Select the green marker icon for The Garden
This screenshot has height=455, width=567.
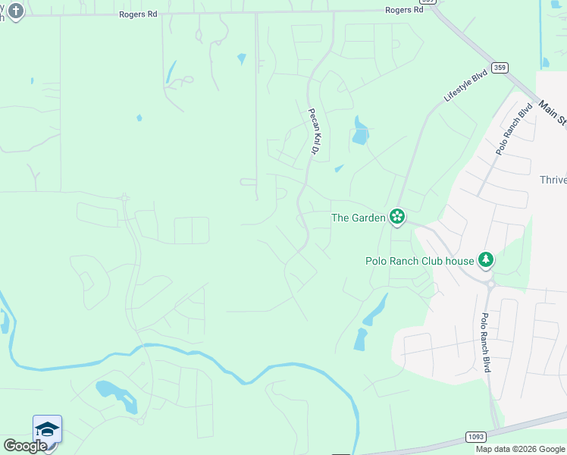click(x=396, y=218)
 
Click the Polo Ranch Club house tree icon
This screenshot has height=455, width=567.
click(x=485, y=260)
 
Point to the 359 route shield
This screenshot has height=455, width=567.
click(x=499, y=67)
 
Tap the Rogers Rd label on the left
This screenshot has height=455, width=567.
click(x=136, y=14)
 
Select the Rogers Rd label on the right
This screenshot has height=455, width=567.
click(x=403, y=10)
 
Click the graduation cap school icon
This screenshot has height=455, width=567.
click(x=47, y=429)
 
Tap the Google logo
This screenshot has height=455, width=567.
click(x=25, y=446)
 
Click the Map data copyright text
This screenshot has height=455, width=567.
click(x=520, y=449)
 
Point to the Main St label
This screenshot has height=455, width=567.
click(x=553, y=112)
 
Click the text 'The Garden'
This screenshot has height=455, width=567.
click(x=359, y=218)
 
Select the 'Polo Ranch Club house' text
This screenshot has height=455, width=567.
click(x=419, y=261)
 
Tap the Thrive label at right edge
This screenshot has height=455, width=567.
click(x=553, y=180)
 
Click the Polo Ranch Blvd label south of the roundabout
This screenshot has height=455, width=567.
click(x=484, y=343)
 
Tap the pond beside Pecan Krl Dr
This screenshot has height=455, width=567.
click(x=360, y=134)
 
